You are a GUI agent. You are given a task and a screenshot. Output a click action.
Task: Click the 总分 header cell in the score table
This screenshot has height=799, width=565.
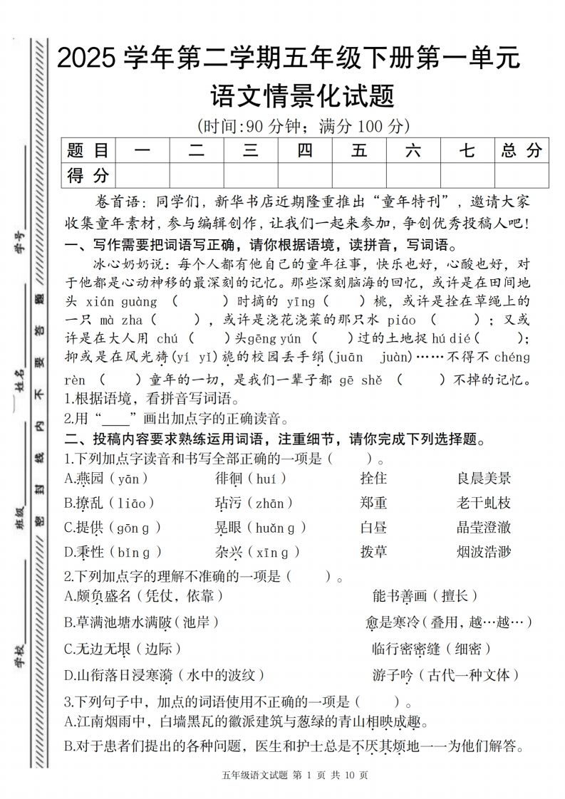pyautogui.click(x=521, y=150)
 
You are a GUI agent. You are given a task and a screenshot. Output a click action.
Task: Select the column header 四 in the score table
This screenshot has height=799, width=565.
pyautogui.click(x=304, y=150)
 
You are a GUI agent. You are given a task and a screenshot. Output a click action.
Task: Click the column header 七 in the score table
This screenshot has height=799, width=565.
pyautogui.click(x=467, y=150)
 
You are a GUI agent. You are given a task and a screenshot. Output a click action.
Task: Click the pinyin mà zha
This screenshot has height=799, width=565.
pyautogui.click(x=113, y=320)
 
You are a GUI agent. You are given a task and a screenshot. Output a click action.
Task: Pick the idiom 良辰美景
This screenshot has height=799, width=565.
pyautogui.click(x=484, y=479)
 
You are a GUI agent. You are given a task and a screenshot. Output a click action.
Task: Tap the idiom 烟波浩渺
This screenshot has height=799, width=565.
pyautogui.click(x=484, y=551)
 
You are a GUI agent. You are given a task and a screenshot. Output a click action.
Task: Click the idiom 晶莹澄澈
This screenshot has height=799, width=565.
pyautogui.click(x=484, y=527)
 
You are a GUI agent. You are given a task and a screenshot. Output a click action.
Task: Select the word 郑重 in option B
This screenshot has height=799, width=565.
pyautogui.click(x=373, y=503)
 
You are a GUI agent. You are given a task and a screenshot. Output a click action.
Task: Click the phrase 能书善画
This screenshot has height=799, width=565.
pyautogui.click(x=399, y=595)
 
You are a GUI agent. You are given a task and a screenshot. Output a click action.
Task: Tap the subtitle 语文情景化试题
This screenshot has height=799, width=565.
pyautogui.click(x=303, y=95)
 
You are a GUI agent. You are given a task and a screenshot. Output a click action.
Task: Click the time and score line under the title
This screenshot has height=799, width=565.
pyautogui.click(x=303, y=127)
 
